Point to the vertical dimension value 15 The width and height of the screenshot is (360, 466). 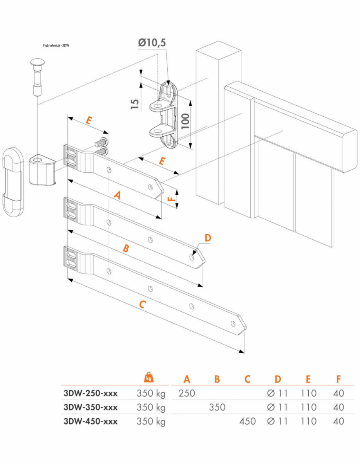(x=134, y=104)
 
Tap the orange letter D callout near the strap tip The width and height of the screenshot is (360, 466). (x=208, y=238)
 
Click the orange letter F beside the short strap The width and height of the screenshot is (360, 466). (x=171, y=199)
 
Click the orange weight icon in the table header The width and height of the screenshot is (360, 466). (x=149, y=377)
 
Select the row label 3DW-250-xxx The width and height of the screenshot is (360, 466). (x=90, y=393)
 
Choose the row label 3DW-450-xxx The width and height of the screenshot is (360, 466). (x=90, y=421)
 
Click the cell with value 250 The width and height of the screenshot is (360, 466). (x=186, y=393)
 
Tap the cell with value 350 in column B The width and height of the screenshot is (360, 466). (x=217, y=407)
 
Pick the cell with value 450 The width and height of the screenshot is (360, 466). (x=247, y=421)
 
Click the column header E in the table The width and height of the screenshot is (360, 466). (x=308, y=379)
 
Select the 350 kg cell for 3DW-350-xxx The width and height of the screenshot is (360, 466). (x=151, y=407)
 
